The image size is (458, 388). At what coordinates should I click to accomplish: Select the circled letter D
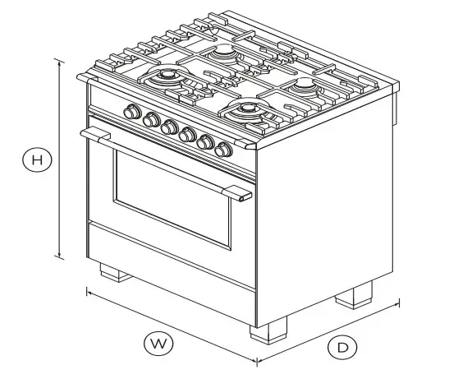(342, 348)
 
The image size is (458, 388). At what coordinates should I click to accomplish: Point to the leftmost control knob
(131, 113)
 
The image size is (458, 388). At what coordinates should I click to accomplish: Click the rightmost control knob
(223, 150)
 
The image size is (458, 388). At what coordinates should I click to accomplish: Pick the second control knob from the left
(151, 120)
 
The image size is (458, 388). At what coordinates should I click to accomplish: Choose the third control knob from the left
(170, 127)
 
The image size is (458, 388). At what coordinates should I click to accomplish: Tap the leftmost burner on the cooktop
(167, 77)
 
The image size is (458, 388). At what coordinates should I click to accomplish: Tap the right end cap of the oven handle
(242, 194)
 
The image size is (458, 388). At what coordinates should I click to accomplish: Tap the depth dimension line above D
(327, 330)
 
